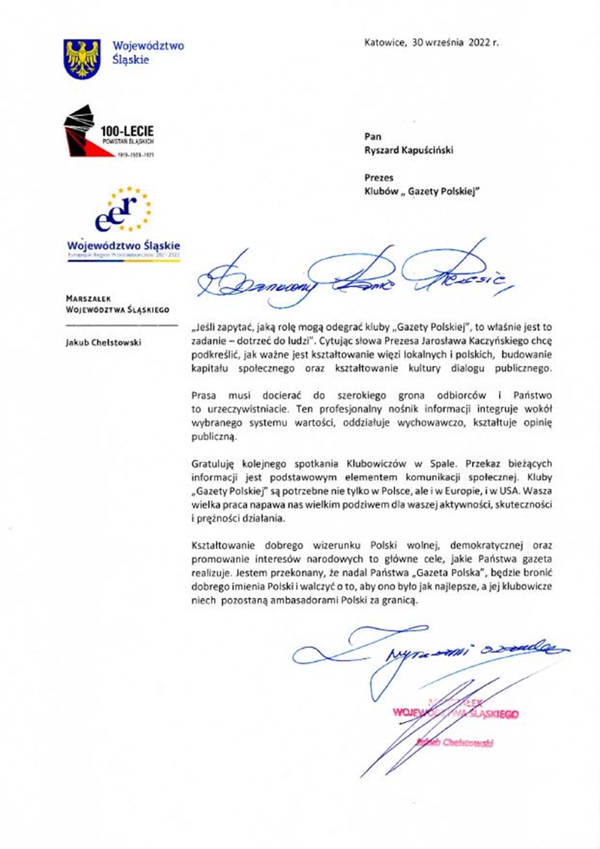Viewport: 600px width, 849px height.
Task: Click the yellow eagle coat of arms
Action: (82, 59)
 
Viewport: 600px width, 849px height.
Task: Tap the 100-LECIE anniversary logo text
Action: (127, 131)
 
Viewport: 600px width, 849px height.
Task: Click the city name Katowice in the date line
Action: (385, 43)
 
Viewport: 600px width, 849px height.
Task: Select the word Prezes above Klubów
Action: (379, 178)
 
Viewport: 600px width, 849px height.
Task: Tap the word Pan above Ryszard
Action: (373, 136)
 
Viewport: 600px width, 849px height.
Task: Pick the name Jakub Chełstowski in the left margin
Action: (103, 342)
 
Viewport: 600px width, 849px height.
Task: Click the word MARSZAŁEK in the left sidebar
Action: (89, 298)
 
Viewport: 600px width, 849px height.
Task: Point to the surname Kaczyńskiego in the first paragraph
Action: (500, 341)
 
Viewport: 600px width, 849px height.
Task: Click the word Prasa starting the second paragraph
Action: (203, 395)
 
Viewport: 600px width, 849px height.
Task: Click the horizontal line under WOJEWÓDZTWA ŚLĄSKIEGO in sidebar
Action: (121, 325)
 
